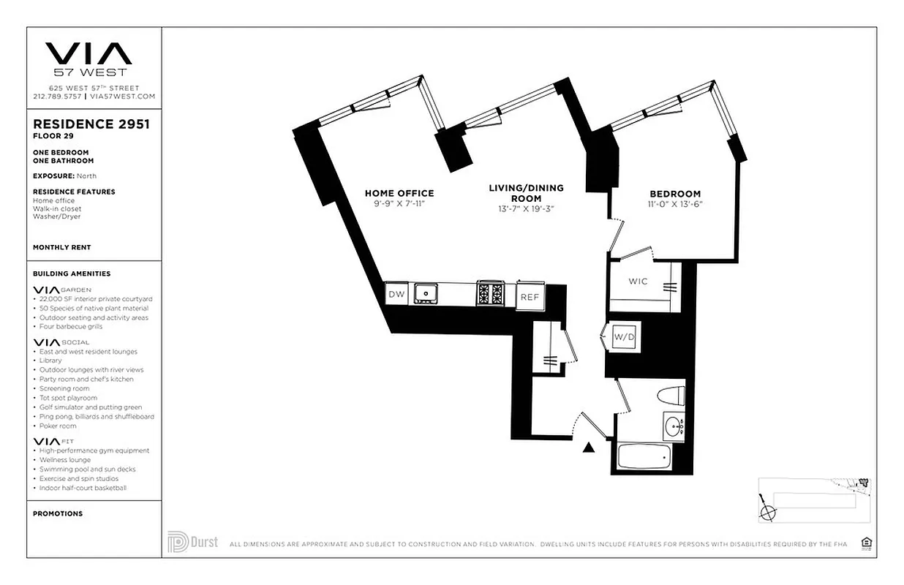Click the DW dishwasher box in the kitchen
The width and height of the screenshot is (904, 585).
(396, 294)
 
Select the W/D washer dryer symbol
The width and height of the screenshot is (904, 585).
(623, 337)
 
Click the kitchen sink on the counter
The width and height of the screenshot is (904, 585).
(425, 294)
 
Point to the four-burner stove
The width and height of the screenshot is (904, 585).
(490, 294)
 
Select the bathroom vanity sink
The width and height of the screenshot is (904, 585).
(674, 426)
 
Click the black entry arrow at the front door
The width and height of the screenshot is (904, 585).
(587, 448)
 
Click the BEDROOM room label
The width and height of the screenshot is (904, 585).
(674, 194)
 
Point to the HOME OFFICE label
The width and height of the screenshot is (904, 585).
(399, 193)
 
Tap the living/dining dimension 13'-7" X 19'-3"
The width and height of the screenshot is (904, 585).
(526, 208)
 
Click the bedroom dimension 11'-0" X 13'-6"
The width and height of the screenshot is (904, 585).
(674, 204)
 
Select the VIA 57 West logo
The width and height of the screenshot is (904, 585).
(88, 58)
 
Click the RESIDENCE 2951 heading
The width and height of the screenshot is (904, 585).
(91, 124)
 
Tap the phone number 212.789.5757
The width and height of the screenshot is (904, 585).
(58, 96)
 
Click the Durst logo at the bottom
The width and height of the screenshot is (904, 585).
(192, 543)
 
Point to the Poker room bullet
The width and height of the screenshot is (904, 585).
(56, 426)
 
